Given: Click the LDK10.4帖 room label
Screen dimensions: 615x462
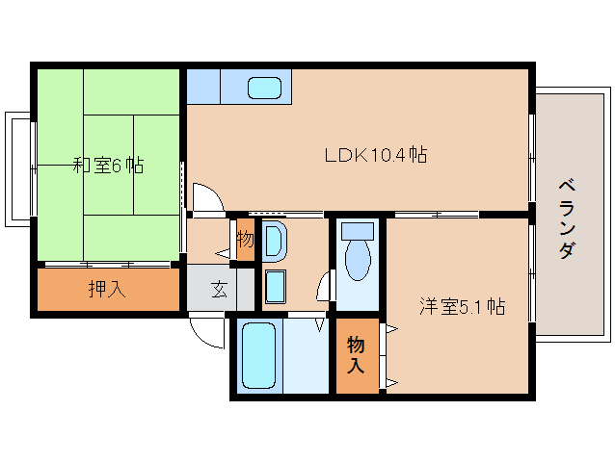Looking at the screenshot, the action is [376, 155].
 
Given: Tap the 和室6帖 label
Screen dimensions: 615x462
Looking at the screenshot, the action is [109, 166].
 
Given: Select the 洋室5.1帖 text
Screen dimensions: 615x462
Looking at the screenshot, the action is [462, 306].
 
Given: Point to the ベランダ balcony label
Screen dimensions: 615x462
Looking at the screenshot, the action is [568, 218].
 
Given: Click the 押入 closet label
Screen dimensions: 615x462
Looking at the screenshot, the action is [107, 289].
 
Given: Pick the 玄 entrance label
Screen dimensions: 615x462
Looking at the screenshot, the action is [219, 290].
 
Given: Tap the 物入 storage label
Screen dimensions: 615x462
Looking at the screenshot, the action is [356, 355].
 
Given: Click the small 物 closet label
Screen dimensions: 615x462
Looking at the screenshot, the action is [245, 239].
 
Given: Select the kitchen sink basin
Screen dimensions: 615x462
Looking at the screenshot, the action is [265, 88].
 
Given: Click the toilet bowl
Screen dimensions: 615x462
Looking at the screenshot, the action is [358, 260].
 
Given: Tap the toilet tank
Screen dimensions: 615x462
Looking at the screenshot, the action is [358, 231].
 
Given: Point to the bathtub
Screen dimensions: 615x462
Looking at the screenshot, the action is [258, 355].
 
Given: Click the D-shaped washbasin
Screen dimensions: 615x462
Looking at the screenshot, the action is [274, 242].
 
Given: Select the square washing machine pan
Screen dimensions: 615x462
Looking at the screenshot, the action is [276, 287].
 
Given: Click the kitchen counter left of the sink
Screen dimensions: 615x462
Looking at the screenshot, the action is [203, 87].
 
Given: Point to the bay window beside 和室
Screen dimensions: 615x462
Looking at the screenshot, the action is [18, 169].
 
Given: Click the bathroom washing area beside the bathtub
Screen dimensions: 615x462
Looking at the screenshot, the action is [306, 355].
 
